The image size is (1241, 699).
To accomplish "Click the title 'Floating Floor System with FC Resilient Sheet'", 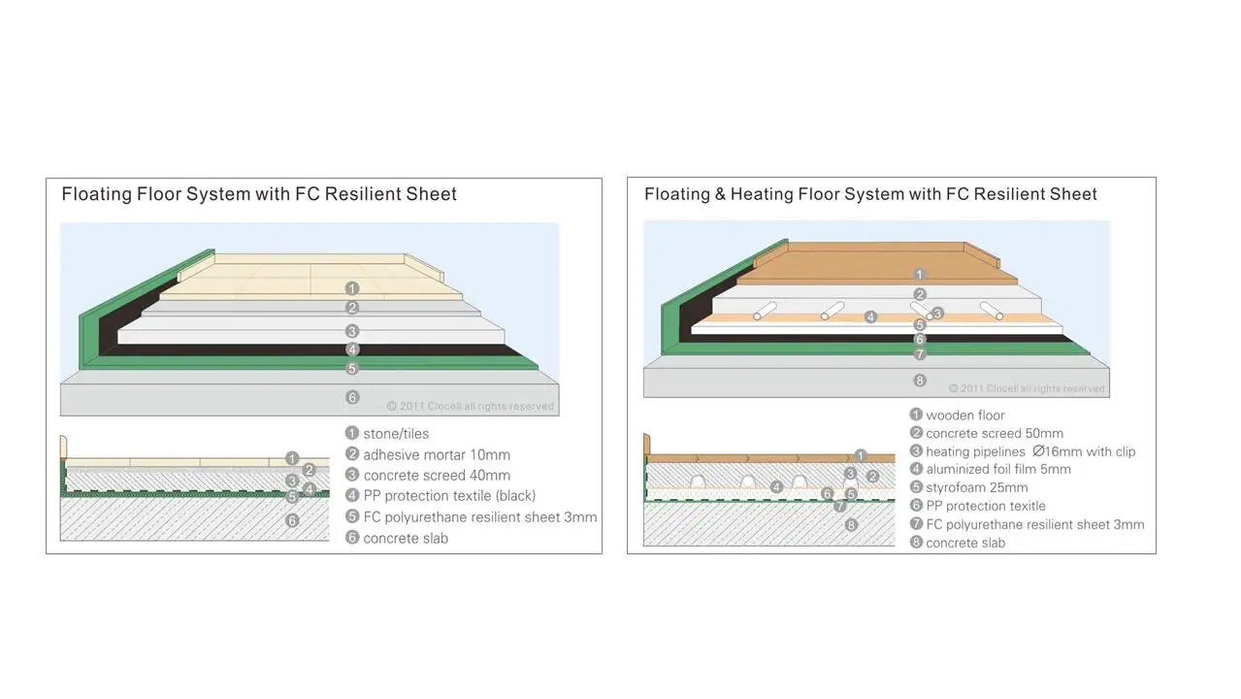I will tap(259, 194).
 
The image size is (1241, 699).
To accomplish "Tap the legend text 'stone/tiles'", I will tap(396, 434).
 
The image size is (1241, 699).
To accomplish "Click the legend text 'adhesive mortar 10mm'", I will tap(437, 454).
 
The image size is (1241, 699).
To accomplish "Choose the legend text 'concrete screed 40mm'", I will tap(437, 476).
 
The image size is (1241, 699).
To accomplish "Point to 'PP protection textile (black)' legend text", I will tap(449, 496).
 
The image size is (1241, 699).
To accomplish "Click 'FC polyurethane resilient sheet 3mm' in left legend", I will tap(480, 517).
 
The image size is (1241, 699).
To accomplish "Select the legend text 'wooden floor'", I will tap(964, 416).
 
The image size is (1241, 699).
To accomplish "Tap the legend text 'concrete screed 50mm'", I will tap(995, 434).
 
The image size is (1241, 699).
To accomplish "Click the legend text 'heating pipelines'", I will tap(975, 451).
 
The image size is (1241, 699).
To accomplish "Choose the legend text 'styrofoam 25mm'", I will tap(976, 487).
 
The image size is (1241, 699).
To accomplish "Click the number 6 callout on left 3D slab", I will tap(352, 397).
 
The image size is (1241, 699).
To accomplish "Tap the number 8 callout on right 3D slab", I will tap(920, 381).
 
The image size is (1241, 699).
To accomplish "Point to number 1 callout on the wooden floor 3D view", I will tap(920, 276).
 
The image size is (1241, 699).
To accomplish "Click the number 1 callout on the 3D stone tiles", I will tap(352, 288).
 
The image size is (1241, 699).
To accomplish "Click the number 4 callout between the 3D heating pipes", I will tap(871, 316).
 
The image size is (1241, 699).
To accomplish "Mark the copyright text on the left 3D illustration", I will tap(471, 407).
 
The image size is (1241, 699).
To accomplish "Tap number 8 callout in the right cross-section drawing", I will tap(852, 525).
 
